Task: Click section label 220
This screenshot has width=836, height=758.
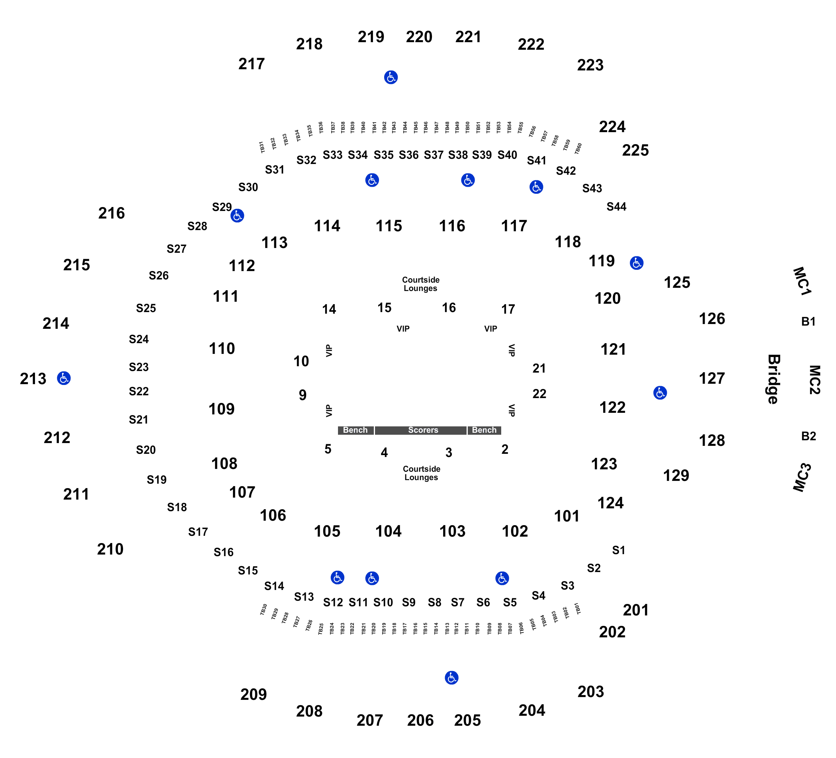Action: [x=419, y=37]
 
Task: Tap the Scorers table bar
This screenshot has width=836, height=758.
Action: [x=420, y=430]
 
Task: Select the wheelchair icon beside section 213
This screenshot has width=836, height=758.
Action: [x=64, y=378]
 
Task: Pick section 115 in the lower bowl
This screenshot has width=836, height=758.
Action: [x=389, y=227]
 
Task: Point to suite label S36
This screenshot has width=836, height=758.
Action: [x=408, y=155]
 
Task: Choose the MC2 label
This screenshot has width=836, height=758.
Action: [x=815, y=380]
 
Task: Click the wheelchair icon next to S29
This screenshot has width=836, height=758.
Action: [x=237, y=216]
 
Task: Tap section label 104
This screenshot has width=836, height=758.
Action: [x=388, y=531]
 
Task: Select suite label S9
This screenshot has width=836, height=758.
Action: [x=408, y=602]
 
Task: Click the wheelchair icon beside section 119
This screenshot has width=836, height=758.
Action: [x=637, y=263]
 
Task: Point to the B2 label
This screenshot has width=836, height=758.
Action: [x=809, y=436]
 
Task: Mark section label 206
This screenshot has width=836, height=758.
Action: [x=420, y=721]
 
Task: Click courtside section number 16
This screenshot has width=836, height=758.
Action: [x=449, y=308]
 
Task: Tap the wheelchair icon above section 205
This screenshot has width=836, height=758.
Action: [x=451, y=678]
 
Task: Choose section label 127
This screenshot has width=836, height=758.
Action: [x=712, y=379]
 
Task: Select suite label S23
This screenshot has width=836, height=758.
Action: [x=139, y=367]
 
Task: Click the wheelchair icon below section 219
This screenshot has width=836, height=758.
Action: [x=391, y=77]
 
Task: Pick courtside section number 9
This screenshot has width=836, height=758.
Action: [x=303, y=395]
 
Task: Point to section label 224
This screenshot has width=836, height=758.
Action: [x=612, y=127]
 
